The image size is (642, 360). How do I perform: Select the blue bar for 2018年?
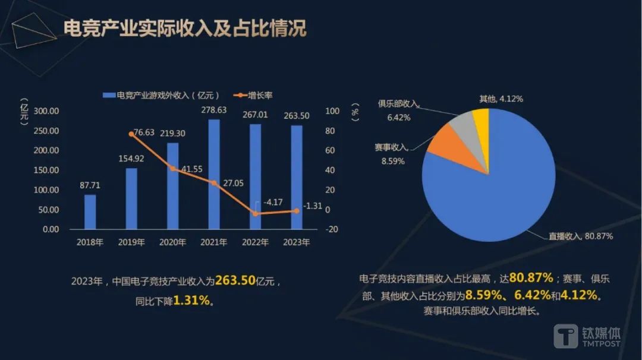[x=90, y=211]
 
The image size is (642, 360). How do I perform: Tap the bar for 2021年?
[x=214, y=174]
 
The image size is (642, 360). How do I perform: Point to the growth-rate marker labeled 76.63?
[x=131, y=134]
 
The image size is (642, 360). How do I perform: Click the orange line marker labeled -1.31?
[x=297, y=211]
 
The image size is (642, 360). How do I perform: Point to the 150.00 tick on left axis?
[x=46, y=170]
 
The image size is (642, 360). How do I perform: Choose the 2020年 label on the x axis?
[x=172, y=242]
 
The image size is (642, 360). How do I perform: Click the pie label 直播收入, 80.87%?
[x=580, y=236]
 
